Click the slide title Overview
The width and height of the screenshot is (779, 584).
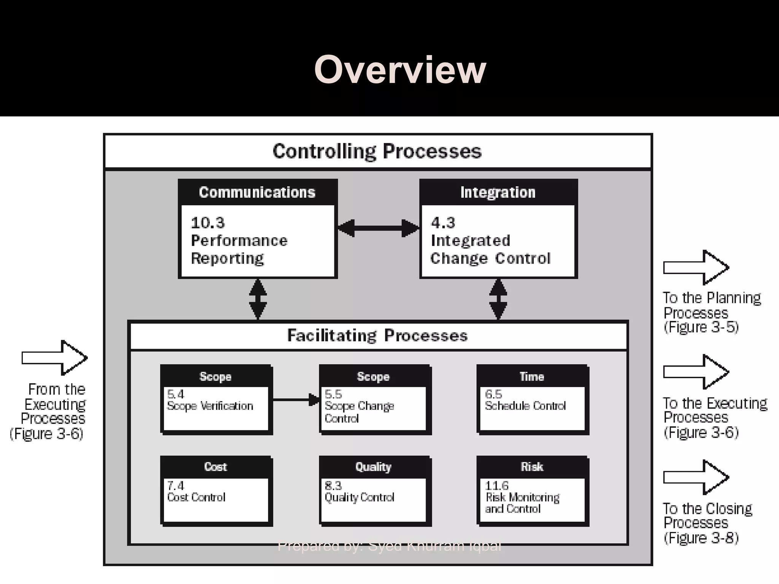[x=400, y=70]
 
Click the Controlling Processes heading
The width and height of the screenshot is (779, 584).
[x=377, y=151]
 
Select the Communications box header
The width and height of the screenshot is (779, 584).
[x=258, y=192]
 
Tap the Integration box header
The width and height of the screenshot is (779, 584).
[x=498, y=192]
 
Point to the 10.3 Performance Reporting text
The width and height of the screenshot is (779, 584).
[x=239, y=241]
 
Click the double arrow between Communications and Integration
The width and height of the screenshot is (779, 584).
[x=378, y=228]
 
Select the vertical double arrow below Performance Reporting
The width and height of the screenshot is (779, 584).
[x=258, y=299]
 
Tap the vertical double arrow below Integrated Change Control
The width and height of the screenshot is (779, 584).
[x=498, y=299]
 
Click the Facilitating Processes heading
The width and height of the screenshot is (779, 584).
[x=377, y=336]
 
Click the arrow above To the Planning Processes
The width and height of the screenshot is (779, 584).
[x=696, y=268]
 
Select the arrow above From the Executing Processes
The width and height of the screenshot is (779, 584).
[x=54, y=358]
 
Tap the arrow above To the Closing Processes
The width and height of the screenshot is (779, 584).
[x=696, y=477]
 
